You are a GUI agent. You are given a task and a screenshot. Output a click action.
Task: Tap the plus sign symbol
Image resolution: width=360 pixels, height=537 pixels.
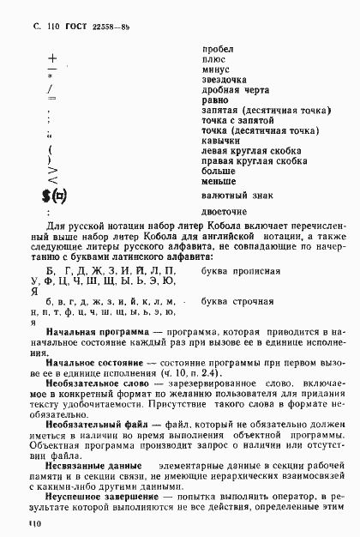coord(52,61)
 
